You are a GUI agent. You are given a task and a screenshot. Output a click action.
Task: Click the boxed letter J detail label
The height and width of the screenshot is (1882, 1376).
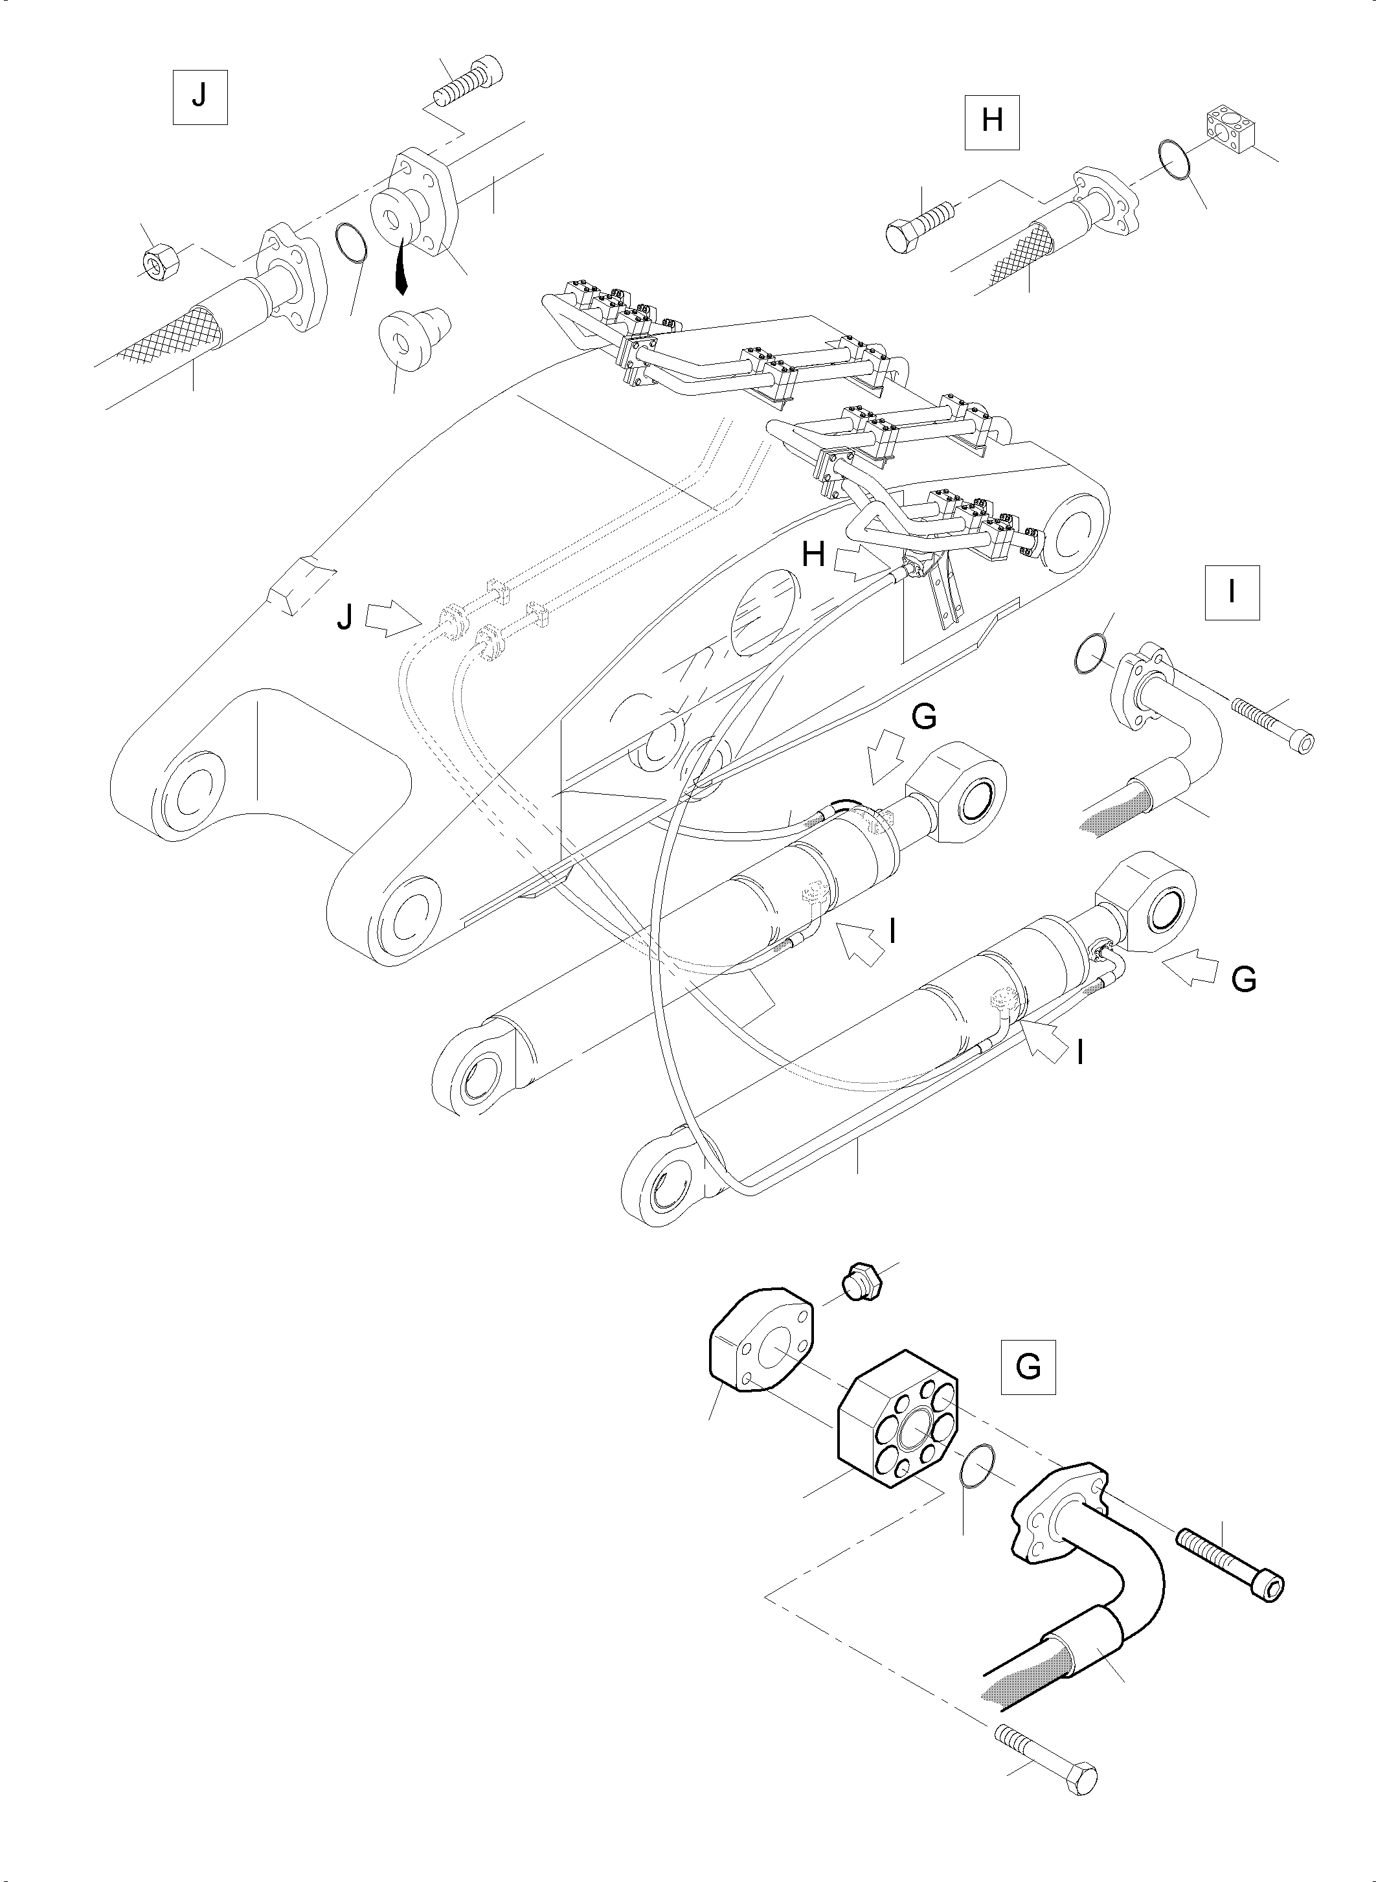click(200, 98)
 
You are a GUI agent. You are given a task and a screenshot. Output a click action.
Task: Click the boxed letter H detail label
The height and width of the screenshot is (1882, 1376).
click(992, 122)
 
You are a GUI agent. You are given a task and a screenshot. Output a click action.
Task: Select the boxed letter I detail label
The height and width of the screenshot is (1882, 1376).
click(1232, 593)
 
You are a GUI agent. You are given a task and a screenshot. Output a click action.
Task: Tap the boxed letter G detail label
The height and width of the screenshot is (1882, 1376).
click(1028, 1366)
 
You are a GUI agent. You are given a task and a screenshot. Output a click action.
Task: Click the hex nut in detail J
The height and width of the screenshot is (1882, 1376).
click(157, 262)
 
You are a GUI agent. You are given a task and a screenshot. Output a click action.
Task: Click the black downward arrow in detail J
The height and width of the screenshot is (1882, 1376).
click(401, 266)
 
